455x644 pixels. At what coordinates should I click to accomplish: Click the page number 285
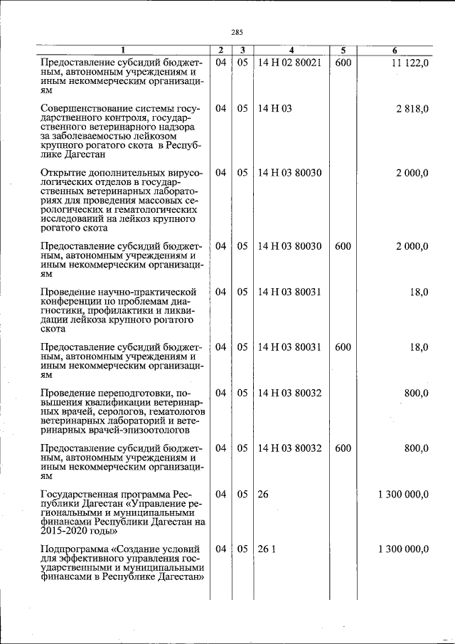(237, 32)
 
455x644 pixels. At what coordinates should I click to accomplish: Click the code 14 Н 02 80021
(290, 63)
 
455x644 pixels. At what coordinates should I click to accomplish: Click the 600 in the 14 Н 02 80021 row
(343, 63)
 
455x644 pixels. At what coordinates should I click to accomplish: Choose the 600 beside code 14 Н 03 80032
(343, 449)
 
